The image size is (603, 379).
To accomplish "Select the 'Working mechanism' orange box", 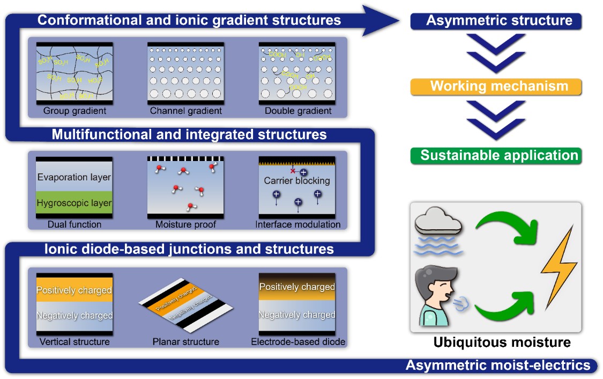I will coord(496,86).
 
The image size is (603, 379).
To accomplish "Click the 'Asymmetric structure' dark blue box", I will coord(496,21).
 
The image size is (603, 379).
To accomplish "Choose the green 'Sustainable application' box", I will coord(496,156).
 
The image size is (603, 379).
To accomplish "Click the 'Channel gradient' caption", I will coord(185,111).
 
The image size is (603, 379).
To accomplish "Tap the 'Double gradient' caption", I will coord(298,111).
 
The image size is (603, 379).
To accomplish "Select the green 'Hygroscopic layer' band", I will coord(74,203).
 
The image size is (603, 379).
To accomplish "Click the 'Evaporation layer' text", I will coord(74,177).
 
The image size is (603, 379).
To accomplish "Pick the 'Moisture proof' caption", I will coord(185,224).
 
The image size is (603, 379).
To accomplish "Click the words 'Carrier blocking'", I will coord(297,181).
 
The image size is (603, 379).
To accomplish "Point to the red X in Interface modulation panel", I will coord(293,171).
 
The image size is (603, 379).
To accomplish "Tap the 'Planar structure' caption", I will coord(185,341).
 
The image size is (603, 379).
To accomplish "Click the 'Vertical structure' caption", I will coord(74,341).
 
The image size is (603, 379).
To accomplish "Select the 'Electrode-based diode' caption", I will coord(298,341).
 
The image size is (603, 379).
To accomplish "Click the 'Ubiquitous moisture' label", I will coord(502,342).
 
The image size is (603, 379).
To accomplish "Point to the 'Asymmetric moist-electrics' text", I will coord(498,366).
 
